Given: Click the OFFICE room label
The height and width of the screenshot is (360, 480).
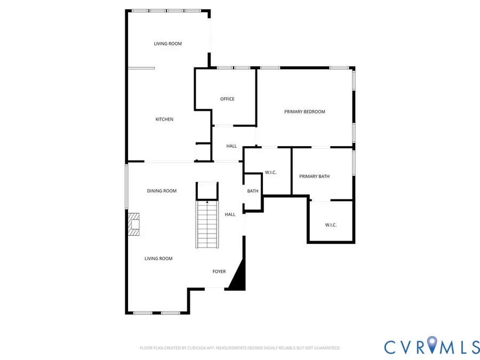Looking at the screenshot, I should click(x=227, y=99).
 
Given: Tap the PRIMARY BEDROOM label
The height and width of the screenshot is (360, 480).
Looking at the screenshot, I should click(x=305, y=111).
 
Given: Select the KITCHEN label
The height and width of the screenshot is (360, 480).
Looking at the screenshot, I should click(x=164, y=119).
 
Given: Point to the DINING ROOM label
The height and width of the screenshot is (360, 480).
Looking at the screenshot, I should click(x=162, y=191).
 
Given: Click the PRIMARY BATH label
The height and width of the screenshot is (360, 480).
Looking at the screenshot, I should click(x=314, y=176).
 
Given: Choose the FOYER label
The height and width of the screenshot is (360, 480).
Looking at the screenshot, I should click(x=219, y=271).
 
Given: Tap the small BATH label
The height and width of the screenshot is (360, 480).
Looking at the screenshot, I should click(x=253, y=191).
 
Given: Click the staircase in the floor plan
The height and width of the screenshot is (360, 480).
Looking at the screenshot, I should click(x=207, y=224).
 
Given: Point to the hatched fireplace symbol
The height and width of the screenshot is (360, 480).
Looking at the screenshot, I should click(x=133, y=224).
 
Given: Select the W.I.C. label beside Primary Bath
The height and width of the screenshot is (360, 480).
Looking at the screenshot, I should click(x=270, y=172).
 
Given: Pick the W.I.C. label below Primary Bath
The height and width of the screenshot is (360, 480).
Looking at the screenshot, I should click(x=331, y=225).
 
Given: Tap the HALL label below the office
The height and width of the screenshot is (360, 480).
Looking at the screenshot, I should click(x=231, y=146).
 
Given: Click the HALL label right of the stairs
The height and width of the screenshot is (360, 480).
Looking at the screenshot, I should click(x=230, y=214).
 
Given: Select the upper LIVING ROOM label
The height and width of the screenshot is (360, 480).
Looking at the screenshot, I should click(x=168, y=44).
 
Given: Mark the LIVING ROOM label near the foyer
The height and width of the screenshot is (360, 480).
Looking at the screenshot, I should click(x=158, y=259).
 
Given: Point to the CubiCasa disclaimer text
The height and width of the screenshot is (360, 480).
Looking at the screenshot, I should click(x=240, y=348).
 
